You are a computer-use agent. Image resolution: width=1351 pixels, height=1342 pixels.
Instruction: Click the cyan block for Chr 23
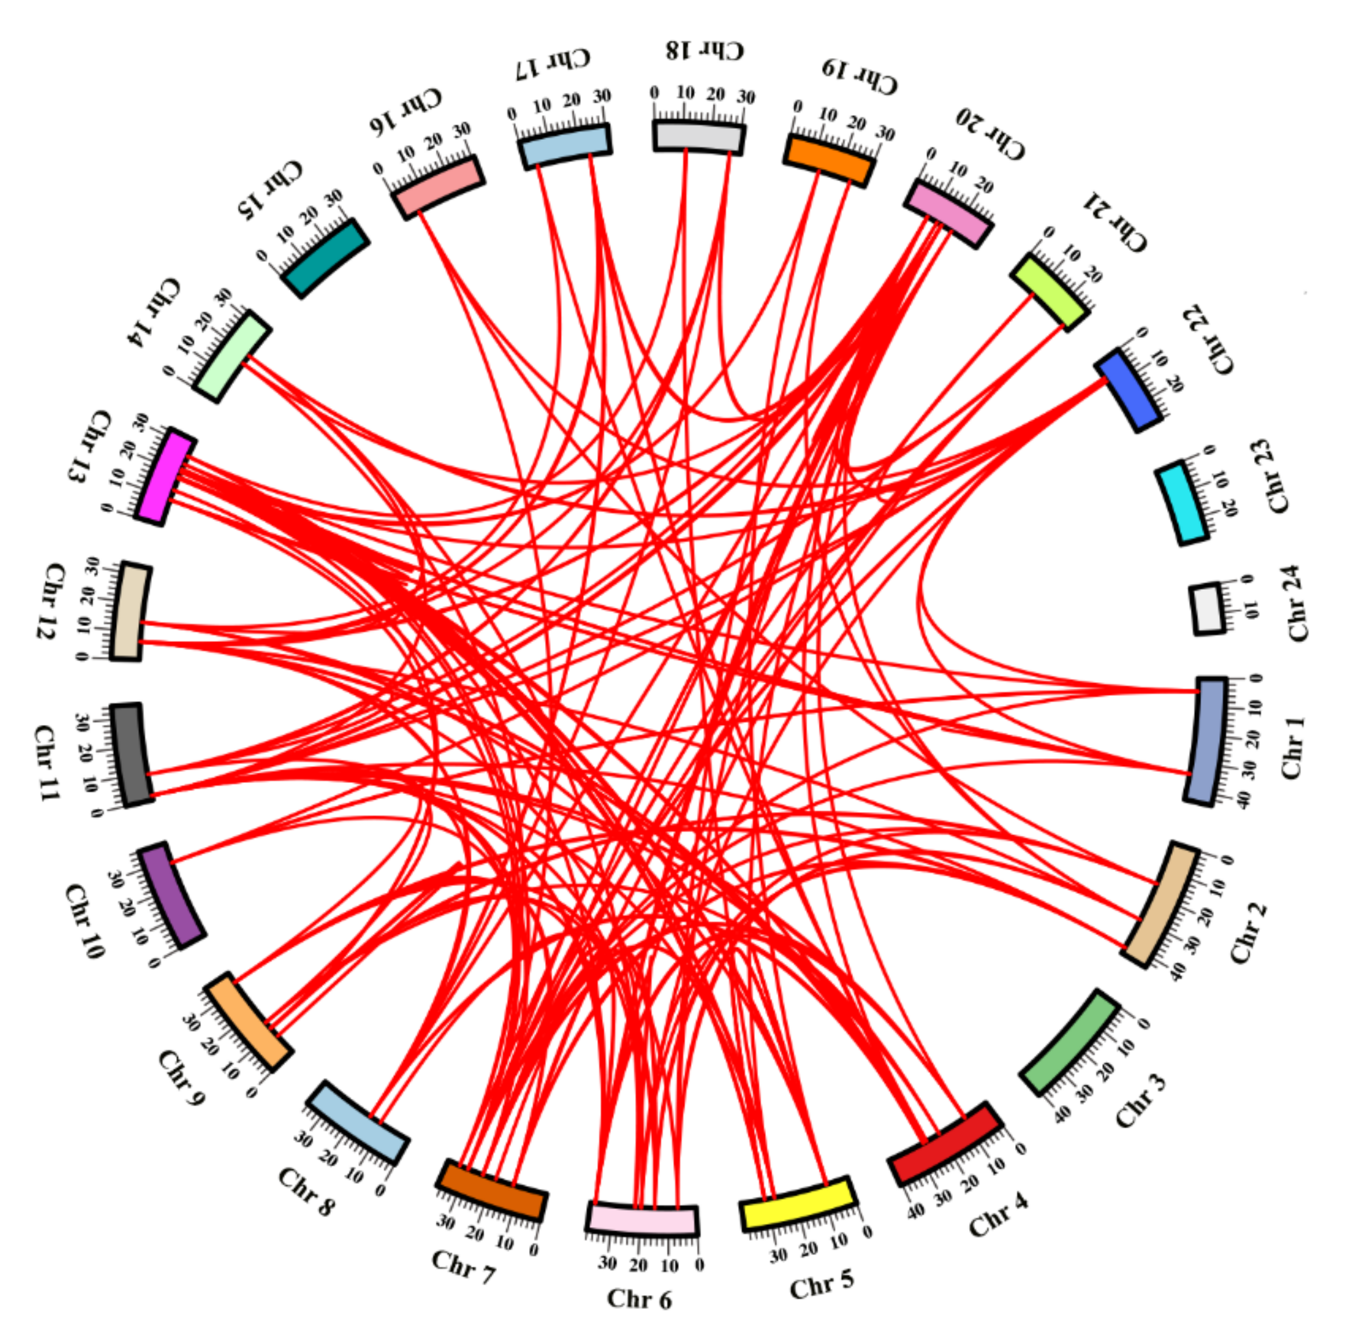[1180, 502]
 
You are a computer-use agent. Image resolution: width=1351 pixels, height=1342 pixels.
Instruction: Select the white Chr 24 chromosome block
[1208, 608]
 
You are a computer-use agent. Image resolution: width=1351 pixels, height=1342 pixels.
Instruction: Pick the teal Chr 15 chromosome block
[325, 258]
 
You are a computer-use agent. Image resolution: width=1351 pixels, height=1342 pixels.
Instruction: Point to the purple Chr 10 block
[171, 895]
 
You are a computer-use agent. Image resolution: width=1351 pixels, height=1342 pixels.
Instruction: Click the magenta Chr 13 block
[165, 476]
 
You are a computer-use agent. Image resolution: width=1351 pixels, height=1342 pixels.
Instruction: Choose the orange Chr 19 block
[829, 160]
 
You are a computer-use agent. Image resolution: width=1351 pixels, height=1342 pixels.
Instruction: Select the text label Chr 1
[1292, 747]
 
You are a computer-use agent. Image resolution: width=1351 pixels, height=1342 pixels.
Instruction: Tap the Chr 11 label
[46, 762]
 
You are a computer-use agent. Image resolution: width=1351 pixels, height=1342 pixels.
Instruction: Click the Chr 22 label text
[1208, 339]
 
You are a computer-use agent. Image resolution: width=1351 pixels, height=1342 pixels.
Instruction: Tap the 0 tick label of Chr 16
[378, 168]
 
